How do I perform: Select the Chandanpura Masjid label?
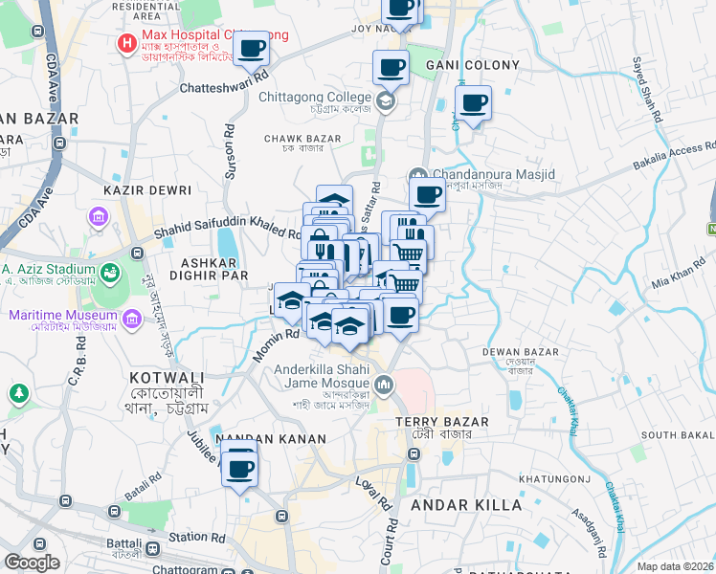[481, 175]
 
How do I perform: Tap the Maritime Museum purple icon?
[18, 315]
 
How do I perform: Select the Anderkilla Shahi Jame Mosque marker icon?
[383, 386]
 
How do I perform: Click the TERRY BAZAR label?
[442, 422]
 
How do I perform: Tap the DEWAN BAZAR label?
[520, 352]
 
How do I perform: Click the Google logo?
[32, 562]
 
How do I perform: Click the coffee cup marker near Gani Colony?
[471, 102]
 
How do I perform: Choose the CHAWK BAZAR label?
[302, 139]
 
